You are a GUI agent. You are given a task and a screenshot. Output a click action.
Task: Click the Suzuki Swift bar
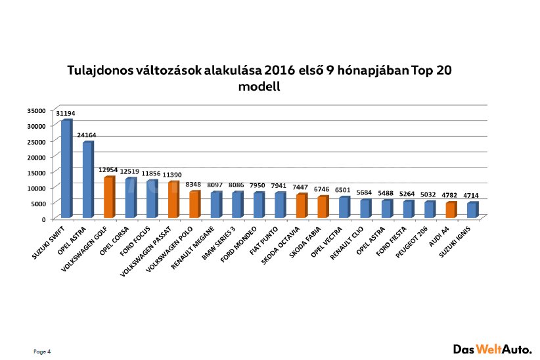click(x=67, y=168)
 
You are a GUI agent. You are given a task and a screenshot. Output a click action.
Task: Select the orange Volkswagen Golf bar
click(x=110, y=197)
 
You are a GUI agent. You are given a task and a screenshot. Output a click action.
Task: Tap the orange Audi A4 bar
click(x=451, y=210)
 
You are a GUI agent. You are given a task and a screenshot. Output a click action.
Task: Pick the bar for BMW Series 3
click(x=238, y=204)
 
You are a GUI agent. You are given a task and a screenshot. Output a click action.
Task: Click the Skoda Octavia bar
click(x=302, y=206)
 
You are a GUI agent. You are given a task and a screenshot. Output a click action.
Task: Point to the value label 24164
click(x=87, y=135)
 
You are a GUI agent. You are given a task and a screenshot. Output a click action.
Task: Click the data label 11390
click(x=172, y=175)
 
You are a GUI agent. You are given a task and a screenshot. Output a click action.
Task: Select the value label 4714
click(x=471, y=196)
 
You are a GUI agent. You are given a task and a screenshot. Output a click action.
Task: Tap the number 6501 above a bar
click(x=343, y=190)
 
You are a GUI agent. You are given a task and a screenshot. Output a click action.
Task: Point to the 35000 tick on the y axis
click(x=37, y=110)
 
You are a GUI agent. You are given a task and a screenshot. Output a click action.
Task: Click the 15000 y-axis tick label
click(x=37, y=173)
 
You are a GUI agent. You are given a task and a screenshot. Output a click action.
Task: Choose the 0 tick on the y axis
click(x=44, y=219)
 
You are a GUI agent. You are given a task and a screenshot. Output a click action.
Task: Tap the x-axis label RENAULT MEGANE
click(x=192, y=247)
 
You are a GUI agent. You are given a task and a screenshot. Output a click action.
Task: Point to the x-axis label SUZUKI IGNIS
click(x=455, y=242)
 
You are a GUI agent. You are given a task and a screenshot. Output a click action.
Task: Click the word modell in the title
click(x=259, y=86)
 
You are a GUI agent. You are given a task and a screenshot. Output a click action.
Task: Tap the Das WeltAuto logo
click(x=493, y=349)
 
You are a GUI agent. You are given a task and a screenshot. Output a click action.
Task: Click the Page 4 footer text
click(x=42, y=351)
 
